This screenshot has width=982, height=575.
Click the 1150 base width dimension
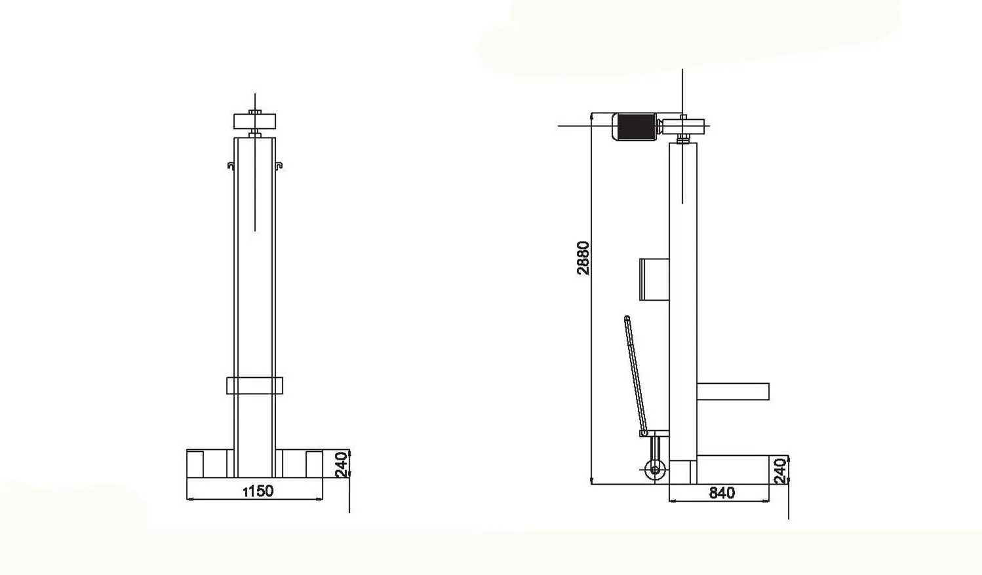click(258, 491)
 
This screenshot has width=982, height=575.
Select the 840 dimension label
click(722, 493)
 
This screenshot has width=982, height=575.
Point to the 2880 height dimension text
click(583, 258)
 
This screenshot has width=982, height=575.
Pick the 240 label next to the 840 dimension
click(779, 471)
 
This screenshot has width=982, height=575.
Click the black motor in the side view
click(635, 126)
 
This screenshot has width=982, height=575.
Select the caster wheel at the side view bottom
click(654, 470)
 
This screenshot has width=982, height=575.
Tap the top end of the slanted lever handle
click(627, 319)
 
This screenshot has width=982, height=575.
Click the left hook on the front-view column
click(231, 166)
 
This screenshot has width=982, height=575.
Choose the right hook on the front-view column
click(279, 166)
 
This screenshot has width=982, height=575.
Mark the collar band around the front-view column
click(254, 386)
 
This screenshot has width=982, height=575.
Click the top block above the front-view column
click(254, 121)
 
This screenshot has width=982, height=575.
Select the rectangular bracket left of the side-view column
click(654, 279)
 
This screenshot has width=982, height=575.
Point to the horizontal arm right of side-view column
click(732, 392)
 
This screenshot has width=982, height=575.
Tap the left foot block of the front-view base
click(195, 464)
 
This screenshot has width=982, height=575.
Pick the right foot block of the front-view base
click(314, 464)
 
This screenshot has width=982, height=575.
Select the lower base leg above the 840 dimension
click(732, 470)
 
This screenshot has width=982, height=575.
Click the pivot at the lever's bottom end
click(644, 433)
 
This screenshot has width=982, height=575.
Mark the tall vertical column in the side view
click(682, 295)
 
